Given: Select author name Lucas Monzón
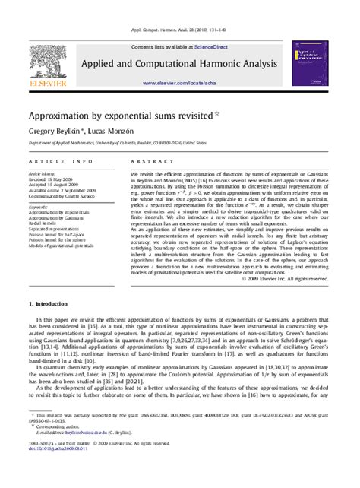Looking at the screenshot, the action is click(x=103, y=131).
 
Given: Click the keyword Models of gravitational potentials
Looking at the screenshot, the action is click(x=65, y=246).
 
